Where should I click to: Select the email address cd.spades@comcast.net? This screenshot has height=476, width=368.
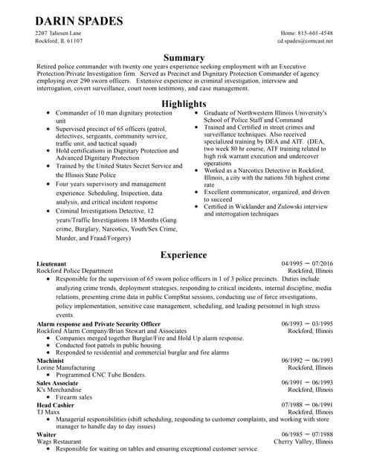point(305,42)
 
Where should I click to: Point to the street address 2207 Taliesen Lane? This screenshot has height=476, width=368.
point(59,33)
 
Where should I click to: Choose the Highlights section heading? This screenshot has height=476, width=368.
point(184,103)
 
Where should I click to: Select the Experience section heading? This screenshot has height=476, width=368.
point(184,255)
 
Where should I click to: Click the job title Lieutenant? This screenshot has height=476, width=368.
point(50,264)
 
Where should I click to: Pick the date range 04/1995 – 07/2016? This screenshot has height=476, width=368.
point(307,264)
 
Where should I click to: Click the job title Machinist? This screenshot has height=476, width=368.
point(50,360)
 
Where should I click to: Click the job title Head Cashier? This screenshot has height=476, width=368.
point(54,405)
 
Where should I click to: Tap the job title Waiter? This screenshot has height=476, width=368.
point(45,434)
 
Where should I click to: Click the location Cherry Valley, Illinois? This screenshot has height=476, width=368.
point(303,442)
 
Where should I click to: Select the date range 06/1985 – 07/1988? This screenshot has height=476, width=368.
point(307,434)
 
